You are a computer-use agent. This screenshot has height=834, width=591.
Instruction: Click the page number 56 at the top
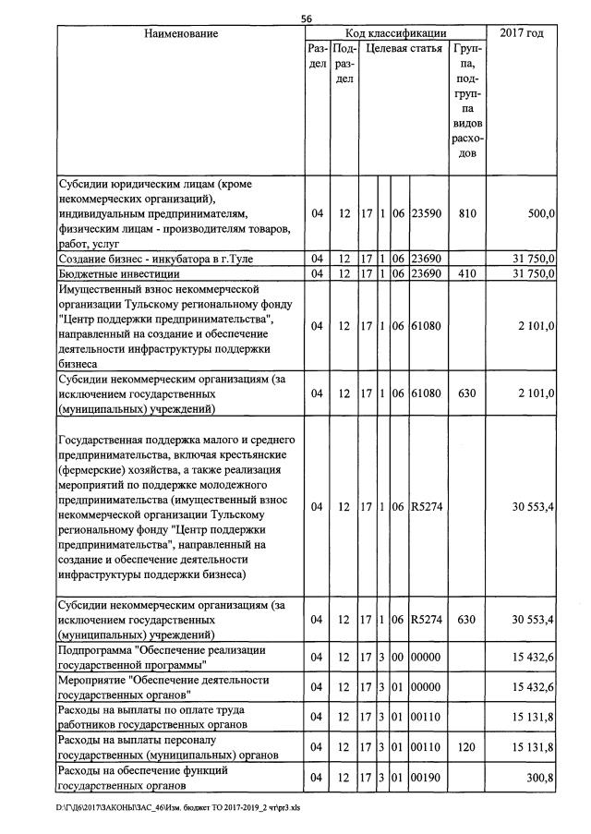(x=307, y=18)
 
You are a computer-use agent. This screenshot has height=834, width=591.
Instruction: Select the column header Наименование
(x=181, y=33)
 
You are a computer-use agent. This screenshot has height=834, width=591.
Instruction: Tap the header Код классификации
(x=395, y=33)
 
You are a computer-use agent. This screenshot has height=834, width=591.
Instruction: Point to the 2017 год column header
(x=521, y=33)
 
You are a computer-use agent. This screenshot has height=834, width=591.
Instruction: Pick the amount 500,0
(x=539, y=213)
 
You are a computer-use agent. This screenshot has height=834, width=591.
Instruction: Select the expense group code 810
(x=467, y=213)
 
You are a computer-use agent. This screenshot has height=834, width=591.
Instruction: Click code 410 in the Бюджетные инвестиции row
(x=467, y=274)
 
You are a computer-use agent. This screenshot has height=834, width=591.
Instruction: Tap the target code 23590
(x=427, y=213)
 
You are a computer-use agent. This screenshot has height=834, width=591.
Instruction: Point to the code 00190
(x=427, y=778)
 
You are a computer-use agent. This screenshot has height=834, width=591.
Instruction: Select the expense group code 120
(x=467, y=746)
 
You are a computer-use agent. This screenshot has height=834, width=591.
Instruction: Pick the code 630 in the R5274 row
(x=467, y=618)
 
